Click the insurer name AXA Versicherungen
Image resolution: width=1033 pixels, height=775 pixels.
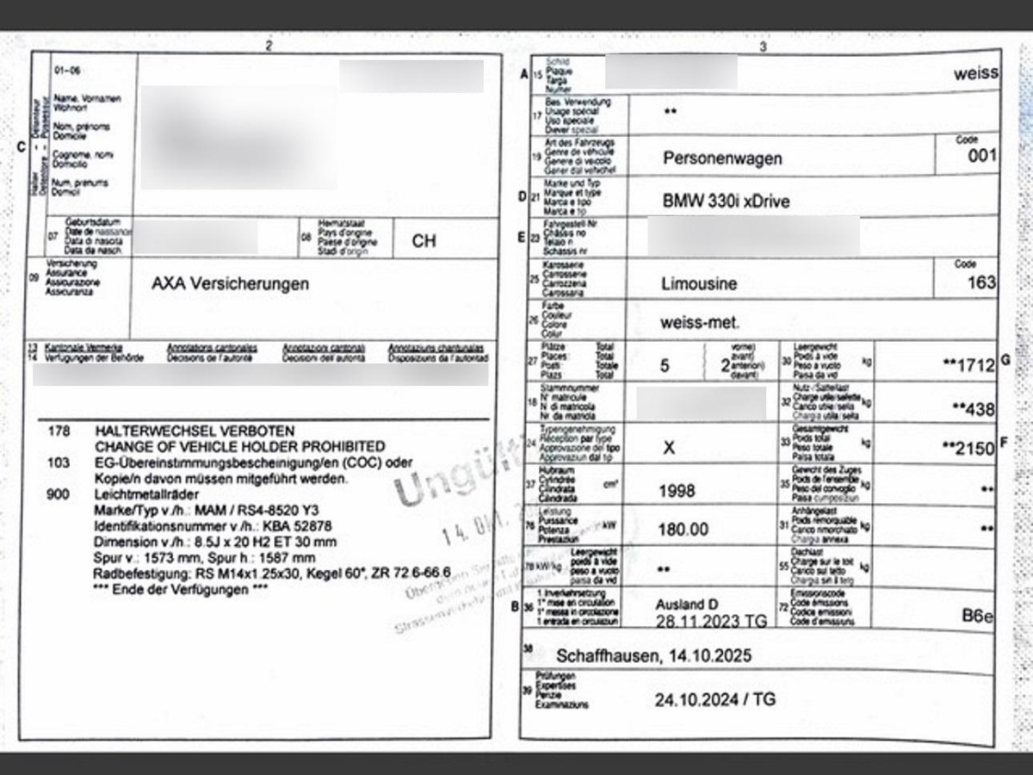tap(230, 283)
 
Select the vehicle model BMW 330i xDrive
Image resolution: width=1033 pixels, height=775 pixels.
tap(726, 201)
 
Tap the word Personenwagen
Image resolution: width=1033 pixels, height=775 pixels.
tap(722, 158)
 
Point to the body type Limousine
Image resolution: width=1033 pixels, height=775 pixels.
tap(699, 282)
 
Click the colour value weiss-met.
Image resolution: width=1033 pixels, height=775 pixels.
tap(699, 323)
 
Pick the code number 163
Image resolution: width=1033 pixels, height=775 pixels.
tap(981, 282)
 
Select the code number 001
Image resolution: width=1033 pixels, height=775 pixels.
tap(981, 156)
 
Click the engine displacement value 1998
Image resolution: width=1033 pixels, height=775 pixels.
tap(677, 491)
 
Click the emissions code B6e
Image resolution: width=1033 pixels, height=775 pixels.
tap(978, 615)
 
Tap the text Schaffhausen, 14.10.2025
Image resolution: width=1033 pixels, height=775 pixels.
tap(653, 656)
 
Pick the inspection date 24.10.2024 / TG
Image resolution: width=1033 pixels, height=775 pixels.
tap(714, 699)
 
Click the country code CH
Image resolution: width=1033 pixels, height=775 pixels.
tap(424, 241)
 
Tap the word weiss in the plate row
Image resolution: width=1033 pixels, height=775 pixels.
tap(975, 73)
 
